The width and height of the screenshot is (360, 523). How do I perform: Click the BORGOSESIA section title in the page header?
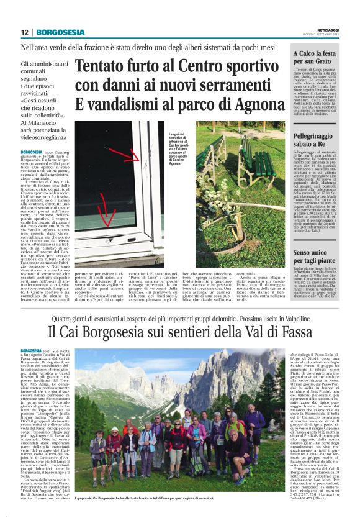tap(60, 32)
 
